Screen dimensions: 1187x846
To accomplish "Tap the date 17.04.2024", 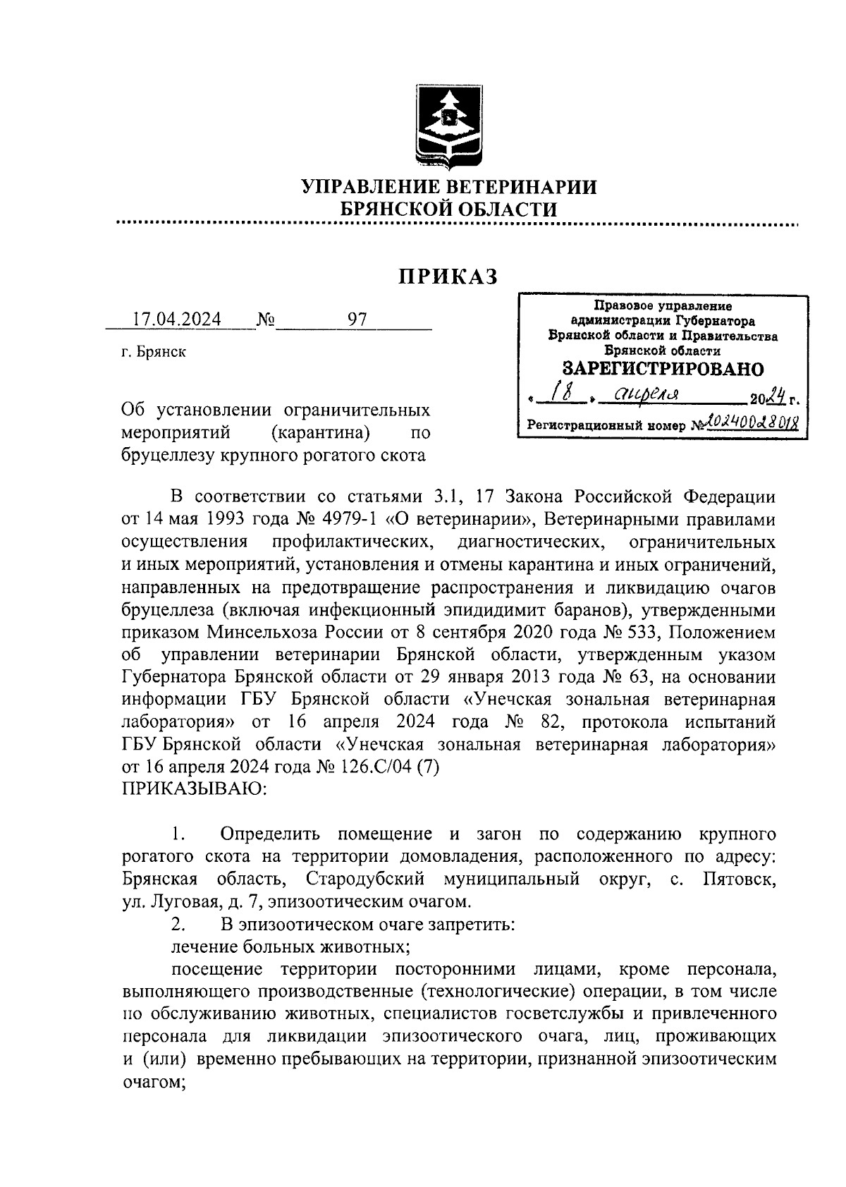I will point(178,320).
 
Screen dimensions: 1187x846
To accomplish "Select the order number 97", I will point(357,320).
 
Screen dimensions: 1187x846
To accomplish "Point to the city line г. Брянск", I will point(153,352).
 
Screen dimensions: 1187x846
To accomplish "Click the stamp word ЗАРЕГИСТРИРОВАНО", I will point(662,369).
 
